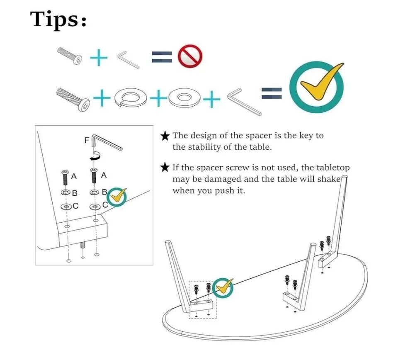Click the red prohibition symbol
190,56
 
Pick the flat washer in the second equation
184,98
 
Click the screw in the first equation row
70,56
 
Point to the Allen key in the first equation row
128,60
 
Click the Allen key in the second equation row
244,102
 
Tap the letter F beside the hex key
87,140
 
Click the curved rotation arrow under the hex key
95,156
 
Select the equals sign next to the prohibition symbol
162,57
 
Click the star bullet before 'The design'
165,136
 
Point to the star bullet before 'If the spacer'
165,167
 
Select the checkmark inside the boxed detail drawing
117,196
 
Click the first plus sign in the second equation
102,98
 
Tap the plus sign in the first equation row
99,58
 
